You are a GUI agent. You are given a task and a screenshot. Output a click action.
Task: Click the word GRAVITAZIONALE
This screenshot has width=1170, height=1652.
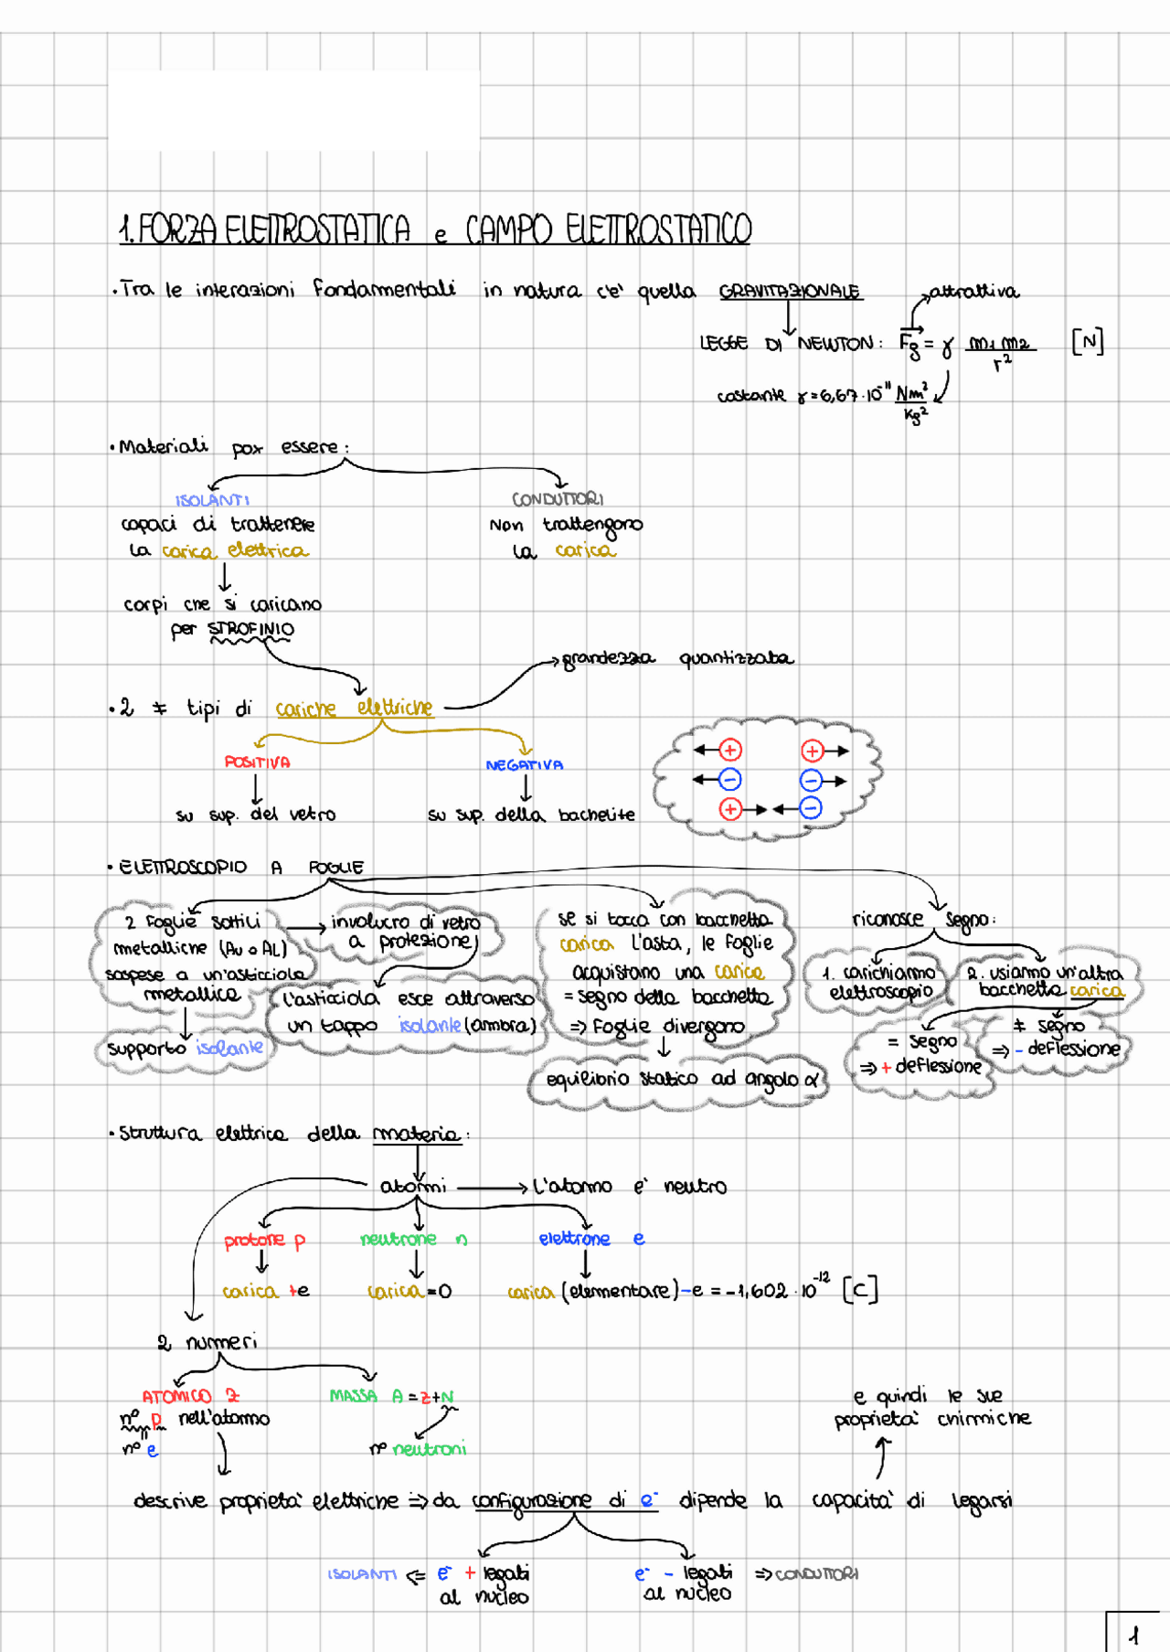pyautogui.click(x=789, y=292)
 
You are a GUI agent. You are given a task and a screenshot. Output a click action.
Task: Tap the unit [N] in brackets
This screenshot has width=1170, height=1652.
pyautogui.click(x=1087, y=343)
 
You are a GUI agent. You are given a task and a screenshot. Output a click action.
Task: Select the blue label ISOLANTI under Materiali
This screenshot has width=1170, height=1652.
pyautogui.click(x=212, y=500)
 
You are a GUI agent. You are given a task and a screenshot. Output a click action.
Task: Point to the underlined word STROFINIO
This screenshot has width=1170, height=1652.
pyautogui.click(x=250, y=629)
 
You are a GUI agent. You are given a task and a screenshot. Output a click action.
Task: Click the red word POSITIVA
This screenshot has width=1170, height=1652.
pyautogui.click(x=257, y=762)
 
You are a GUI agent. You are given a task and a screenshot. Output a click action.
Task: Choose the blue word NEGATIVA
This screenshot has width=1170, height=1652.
pyautogui.click(x=524, y=765)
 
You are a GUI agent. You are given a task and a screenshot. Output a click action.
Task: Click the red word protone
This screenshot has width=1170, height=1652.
pyautogui.click(x=254, y=1240)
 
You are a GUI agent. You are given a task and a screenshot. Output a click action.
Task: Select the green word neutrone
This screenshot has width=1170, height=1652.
pyautogui.click(x=398, y=1239)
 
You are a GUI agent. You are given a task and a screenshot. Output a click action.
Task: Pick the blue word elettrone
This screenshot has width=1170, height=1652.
pyautogui.click(x=574, y=1239)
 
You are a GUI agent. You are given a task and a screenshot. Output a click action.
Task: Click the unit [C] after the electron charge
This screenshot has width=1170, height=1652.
pyautogui.click(x=859, y=1290)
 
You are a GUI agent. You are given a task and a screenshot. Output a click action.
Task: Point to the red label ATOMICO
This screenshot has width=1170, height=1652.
pyautogui.click(x=176, y=1396)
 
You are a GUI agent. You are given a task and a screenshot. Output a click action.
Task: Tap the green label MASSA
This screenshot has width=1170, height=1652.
pyautogui.click(x=354, y=1396)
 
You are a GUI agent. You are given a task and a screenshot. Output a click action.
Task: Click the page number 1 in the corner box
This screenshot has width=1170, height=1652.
pyautogui.click(x=1134, y=1635)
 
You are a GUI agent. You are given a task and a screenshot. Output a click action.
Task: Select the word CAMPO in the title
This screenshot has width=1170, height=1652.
pyautogui.click(x=508, y=229)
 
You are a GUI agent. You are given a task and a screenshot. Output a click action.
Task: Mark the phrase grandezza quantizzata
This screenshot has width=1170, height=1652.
pyautogui.click(x=677, y=658)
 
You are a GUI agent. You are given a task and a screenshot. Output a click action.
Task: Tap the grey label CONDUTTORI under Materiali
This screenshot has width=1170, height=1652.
pyautogui.click(x=558, y=499)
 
